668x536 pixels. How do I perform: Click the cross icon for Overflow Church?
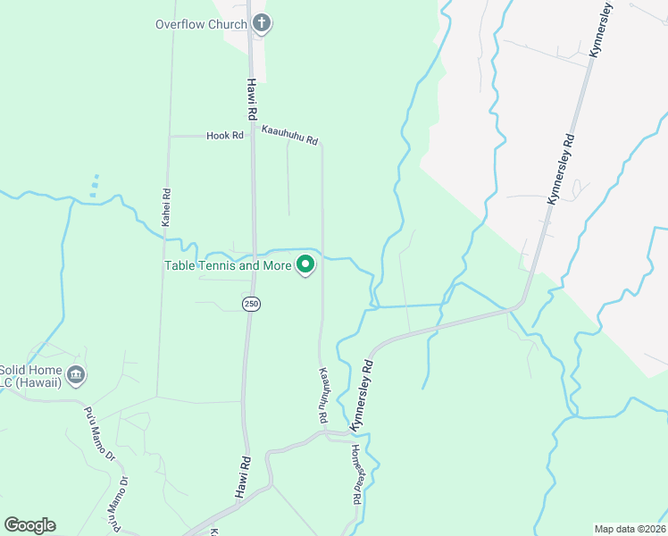click(x=261, y=23)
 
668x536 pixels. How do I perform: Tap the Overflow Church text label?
click(x=201, y=24)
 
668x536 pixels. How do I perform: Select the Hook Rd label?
click(x=224, y=136)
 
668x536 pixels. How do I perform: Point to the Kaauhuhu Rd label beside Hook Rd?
click(x=289, y=136)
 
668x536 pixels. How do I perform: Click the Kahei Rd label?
click(x=166, y=205)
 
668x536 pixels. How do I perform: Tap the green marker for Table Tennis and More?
click(x=305, y=264)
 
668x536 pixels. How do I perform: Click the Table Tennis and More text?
click(x=228, y=265)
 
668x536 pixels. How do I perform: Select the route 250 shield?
click(x=251, y=304)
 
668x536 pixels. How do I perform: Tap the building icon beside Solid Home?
click(x=77, y=373)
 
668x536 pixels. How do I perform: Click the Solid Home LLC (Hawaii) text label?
click(x=30, y=376)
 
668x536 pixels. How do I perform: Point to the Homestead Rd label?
click(x=355, y=475)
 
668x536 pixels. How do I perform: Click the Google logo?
click(x=29, y=525)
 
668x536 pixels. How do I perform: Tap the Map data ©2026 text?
click(x=630, y=528)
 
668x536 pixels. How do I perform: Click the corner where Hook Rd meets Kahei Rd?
click(x=170, y=136)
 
